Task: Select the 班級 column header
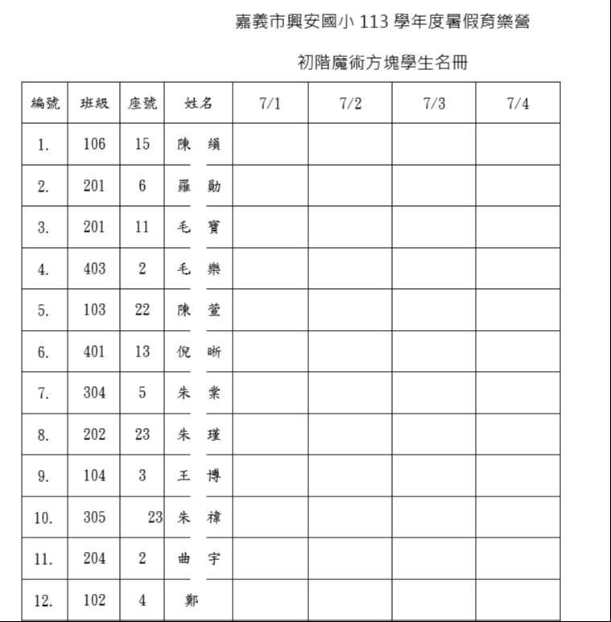[94, 103]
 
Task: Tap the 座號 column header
[142, 103]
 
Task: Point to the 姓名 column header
[199, 103]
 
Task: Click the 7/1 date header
[270, 103]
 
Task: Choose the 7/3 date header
[434, 103]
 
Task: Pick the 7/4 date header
[518, 103]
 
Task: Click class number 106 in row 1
[94, 144]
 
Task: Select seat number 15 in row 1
[142, 144]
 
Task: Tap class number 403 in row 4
[94, 269]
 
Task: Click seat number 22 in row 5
[142, 310]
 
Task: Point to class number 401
[94, 352]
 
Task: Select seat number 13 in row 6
[142, 352]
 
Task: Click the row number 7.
[43, 393]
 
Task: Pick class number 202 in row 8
[94, 435]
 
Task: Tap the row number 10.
[43, 518]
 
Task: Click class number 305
[94, 517]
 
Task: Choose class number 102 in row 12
[94, 600]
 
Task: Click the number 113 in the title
[374, 23]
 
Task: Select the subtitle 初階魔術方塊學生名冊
[382, 63]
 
